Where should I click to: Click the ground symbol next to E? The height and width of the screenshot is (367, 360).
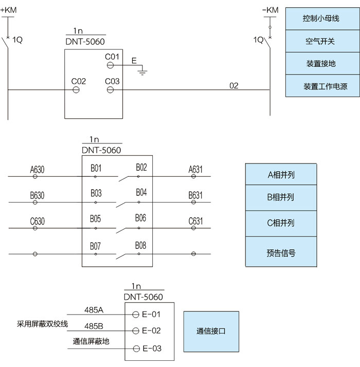(142, 71)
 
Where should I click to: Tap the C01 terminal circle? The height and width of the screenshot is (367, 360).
(110, 65)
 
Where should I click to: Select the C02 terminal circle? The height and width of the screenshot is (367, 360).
(76, 90)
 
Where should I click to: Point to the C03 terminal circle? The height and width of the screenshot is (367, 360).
(110, 90)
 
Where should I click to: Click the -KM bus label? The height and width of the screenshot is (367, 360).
(270, 10)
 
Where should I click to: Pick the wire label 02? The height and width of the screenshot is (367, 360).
(234, 85)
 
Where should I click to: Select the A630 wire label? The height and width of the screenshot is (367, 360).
(37, 169)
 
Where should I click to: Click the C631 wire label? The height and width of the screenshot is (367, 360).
(195, 222)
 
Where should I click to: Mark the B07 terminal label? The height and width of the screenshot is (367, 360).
(95, 246)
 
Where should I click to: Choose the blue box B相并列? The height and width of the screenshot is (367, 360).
(281, 197)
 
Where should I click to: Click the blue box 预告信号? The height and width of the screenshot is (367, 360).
(281, 252)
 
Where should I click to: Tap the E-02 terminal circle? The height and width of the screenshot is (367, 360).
(136, 331)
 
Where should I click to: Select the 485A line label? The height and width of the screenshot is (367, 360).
(94, 310)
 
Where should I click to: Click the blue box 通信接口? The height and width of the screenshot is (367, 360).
(211, 331)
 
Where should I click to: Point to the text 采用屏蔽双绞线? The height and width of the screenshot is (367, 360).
(43, 324)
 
